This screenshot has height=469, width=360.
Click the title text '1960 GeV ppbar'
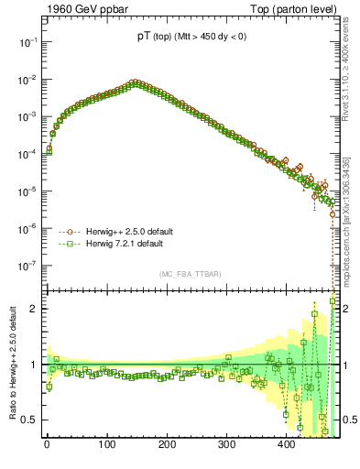[80, 8]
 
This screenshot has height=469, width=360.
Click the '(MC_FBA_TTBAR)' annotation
[189, 275]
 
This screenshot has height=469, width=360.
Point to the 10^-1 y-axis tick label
[27, 42]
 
